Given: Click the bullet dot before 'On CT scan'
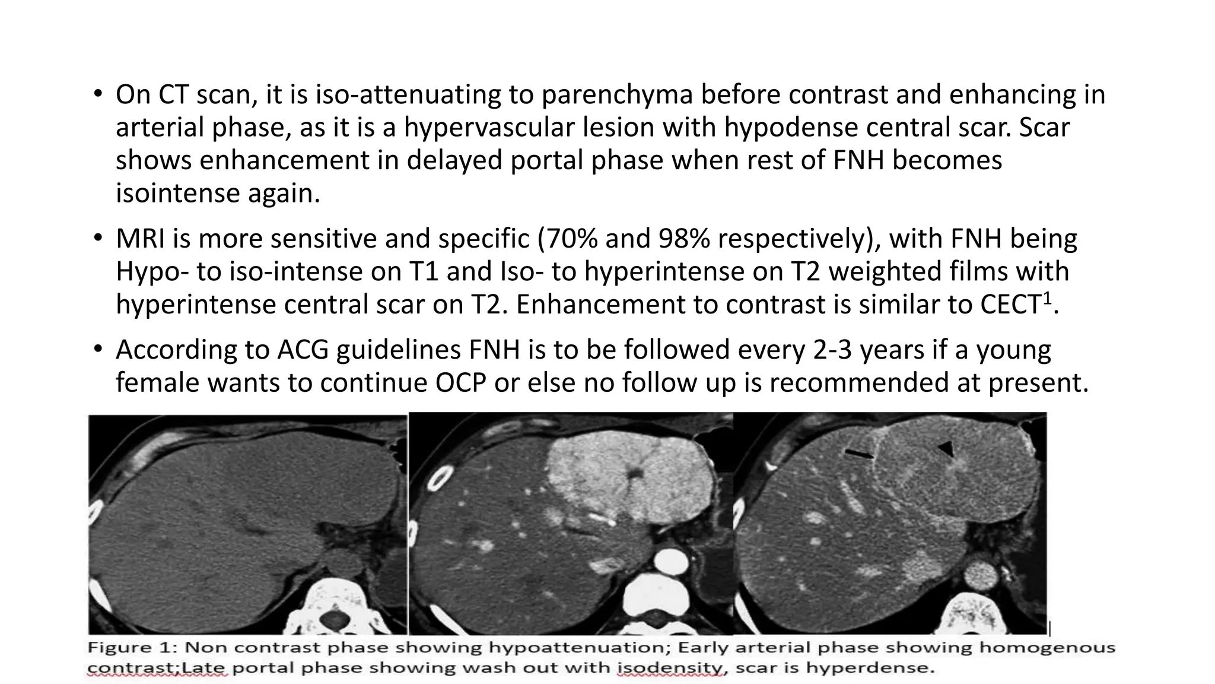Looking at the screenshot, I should pos(97,95).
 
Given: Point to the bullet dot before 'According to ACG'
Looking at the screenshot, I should pos(97,350).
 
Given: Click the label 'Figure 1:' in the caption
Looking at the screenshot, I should pos(128,648).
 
